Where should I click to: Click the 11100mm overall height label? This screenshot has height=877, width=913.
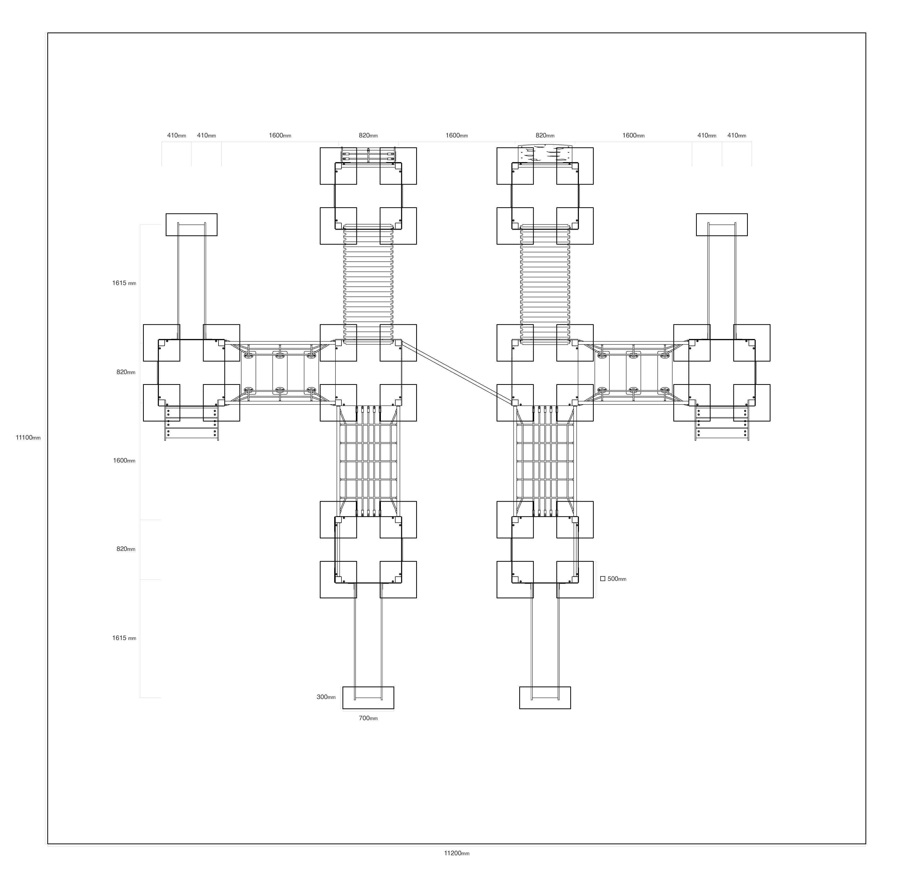28,437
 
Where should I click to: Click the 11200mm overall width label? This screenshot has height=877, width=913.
457,853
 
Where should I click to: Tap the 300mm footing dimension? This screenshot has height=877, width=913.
326,697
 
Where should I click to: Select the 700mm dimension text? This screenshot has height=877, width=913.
368,718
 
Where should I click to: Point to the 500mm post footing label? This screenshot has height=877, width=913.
617,579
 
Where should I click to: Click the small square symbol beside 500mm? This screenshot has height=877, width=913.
603,579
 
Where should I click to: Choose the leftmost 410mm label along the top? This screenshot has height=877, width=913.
177,136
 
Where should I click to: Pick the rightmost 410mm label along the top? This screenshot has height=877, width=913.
736,136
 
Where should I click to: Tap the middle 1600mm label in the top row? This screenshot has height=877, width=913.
457,136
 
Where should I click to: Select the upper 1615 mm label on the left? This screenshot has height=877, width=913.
124,283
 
